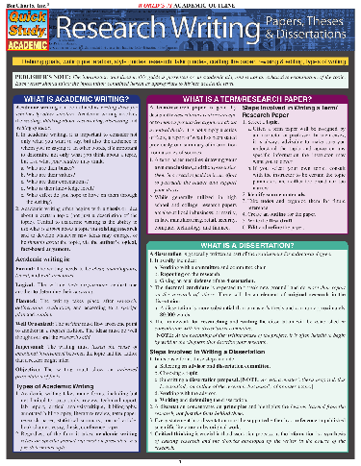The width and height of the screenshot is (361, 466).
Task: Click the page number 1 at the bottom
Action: (181, 461)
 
